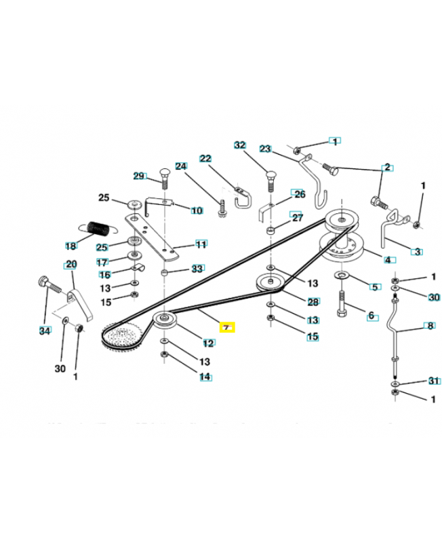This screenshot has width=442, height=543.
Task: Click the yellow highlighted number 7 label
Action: (x=227, y=327)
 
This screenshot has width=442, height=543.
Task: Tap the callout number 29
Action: (x=139, y=176)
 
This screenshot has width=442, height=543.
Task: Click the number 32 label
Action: (x=239, y=145)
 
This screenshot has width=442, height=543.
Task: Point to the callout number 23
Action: (x=265, y=149)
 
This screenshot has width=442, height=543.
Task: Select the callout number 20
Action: (x=71, y=264)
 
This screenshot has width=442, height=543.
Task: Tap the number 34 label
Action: (x=45, y=331)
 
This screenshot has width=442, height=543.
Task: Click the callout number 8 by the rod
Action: (x=429, y=326)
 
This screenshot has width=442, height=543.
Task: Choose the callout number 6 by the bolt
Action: (x=371, y=315)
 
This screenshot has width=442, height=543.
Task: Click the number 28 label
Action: (x=313, y=301)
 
